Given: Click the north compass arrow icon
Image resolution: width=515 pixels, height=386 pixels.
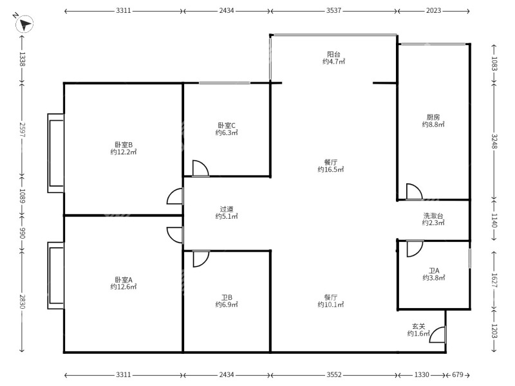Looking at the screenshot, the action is (24, 24).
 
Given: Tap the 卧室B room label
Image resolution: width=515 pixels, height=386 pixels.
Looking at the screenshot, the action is (124, 145).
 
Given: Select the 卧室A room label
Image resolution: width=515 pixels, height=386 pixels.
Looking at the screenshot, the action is (124, 280).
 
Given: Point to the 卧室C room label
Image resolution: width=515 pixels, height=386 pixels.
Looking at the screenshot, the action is (227, 125).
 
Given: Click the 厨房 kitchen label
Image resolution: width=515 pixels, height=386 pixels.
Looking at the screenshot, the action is (433, 117).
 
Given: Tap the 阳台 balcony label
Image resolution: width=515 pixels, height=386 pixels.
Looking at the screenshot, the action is (333, 55).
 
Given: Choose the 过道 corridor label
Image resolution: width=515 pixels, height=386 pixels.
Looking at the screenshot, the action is (227, 209).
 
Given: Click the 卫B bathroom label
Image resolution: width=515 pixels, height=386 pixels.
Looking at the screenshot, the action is (227, 298).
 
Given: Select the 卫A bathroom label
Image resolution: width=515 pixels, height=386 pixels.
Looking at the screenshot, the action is (434, 271).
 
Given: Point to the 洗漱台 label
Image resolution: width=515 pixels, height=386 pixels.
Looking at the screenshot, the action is (433, 216).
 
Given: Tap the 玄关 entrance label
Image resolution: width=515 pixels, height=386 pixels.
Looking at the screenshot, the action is (419, 327).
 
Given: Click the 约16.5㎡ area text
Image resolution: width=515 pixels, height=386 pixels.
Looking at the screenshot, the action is (331, 169).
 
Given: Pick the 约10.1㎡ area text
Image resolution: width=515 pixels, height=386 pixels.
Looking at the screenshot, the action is (331, 304).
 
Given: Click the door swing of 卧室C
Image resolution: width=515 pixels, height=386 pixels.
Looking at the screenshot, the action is (200, 169).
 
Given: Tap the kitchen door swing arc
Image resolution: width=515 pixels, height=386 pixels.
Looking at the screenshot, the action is (414, 192).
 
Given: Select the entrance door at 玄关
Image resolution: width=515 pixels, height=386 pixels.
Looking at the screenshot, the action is (438, 335).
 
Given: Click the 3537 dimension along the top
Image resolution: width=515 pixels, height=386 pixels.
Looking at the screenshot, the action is (333, 10).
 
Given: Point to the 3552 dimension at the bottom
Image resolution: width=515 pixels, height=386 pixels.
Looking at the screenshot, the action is (333, 374).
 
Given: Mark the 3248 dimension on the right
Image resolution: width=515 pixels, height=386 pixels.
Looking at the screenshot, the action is (494, 142).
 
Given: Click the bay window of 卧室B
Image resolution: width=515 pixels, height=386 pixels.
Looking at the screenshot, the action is (55, 153).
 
